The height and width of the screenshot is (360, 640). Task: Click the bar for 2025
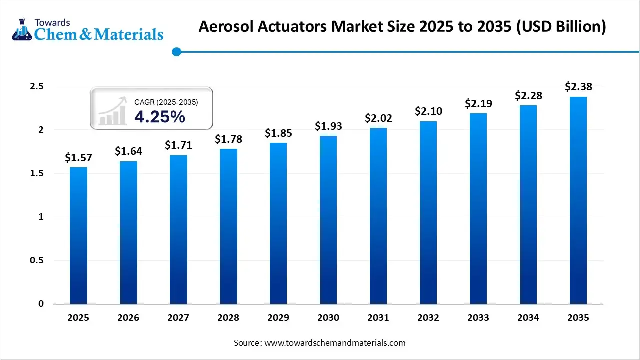78,235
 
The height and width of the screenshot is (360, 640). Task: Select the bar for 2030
328,220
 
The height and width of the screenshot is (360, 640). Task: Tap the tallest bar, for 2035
578,200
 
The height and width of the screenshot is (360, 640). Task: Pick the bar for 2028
228,226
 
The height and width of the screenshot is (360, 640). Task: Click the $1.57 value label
78,158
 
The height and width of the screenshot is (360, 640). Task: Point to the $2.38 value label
578,87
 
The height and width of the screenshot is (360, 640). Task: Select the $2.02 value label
378,118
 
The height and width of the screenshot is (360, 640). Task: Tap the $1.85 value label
278,133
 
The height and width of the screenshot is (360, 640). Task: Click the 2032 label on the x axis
428,318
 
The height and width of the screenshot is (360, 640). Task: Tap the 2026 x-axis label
128,318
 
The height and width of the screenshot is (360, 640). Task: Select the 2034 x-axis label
528,318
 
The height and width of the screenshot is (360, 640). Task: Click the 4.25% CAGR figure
159,117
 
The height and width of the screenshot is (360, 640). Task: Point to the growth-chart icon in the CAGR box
112,111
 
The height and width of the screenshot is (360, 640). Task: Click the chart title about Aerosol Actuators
402,27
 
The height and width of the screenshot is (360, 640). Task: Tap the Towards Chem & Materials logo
87,29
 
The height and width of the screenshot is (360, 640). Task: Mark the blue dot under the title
176,51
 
